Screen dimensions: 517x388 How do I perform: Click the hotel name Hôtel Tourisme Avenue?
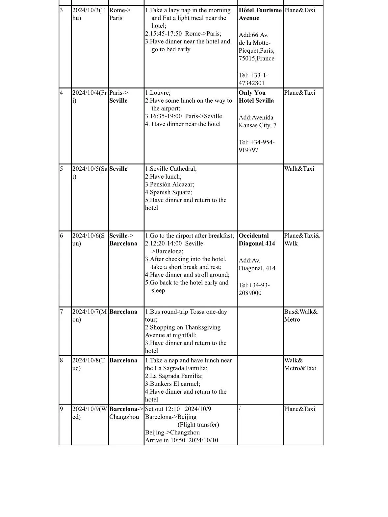click(x=260, y=14)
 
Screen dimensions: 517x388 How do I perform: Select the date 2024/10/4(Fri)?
click(x=90, y=96)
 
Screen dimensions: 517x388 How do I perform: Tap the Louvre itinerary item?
click(x=158, y=93)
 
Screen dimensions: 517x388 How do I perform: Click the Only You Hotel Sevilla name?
click(x=256, y=97)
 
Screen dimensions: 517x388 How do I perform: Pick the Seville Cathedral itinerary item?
click(x=171, y=169)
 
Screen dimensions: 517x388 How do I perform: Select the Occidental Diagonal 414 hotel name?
click(x=257, y=239)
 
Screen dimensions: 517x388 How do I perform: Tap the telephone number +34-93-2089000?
click(x=254, y=289)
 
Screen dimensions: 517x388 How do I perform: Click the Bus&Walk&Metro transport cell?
click(x=301, y=315)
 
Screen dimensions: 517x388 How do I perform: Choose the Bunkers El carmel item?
click(x=173, y=384)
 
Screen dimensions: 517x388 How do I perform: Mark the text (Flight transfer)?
click(x=198, y=425)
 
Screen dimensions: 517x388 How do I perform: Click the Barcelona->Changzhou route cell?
click(x=126, y=413)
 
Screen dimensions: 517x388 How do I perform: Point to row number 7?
click(x=62, y=312)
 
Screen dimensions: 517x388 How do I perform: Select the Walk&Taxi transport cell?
click(x=299, y=169)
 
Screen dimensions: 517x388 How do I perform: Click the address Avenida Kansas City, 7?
click(x=257, y=121)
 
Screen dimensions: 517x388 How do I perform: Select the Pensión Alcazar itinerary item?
click(x=170, y=185)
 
